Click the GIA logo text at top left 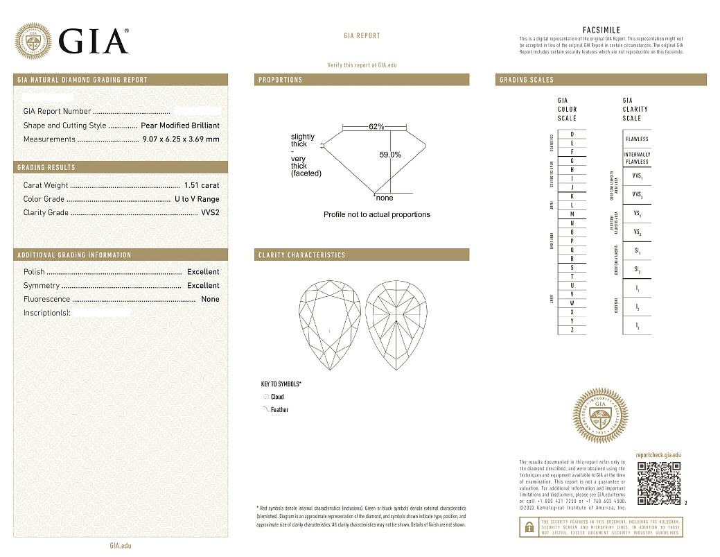click(x=94, y=41)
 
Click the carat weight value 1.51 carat click(x=202, y=185)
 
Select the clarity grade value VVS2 click(x=210, y=213)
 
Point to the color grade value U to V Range click(x=197, y=199)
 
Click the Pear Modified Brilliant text click(x=179, y=126)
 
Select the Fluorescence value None click(x=210, y=300)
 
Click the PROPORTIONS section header click(x=281, y=80)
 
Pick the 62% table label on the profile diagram click(x=376, y=127)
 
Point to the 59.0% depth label click(x=390, y=155)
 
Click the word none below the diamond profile click(x=384, y=198)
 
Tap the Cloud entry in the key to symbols click(x=276, y=397)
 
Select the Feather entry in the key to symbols click(x=279, y=410)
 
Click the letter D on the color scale click(x=572, y=134)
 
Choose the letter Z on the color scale click(x=572, y=330)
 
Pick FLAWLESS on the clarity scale click(x=637, y=139)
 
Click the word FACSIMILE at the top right click(x=602, y=31)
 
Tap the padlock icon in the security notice click(x=528, y=527)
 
